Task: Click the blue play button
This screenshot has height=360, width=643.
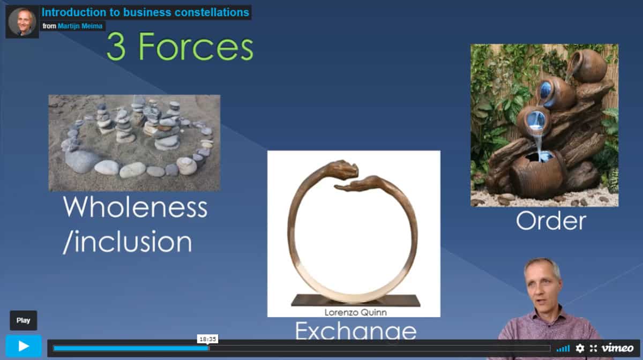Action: point(24,346)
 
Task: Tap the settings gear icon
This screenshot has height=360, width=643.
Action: point(580,348)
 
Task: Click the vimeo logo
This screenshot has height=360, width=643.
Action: point(617,348)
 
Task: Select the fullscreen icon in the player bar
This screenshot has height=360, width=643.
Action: point(593,348)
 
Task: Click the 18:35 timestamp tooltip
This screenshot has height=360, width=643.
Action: point(207,339)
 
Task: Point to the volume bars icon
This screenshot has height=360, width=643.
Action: point(563,349)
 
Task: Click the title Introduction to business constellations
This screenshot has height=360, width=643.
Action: point(145,12)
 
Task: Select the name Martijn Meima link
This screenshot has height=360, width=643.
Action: point(80,26)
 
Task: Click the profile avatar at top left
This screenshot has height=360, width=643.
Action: point(22,22)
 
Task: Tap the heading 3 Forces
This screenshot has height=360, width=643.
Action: point(180,47)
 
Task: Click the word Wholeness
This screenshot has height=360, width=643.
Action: point(135,207)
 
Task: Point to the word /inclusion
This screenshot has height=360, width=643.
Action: point(127,242)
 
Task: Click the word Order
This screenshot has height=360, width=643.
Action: point(551,221)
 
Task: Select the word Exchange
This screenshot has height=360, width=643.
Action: point(356,331)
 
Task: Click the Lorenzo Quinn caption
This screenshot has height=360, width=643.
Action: point(355,312)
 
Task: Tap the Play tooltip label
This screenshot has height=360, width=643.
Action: point(23,320)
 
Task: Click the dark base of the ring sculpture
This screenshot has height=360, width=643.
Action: point(356,301)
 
